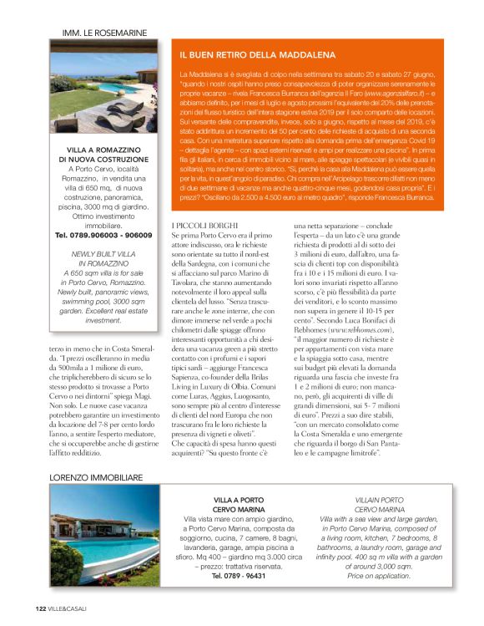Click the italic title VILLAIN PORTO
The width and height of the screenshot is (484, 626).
(x=380, y=500)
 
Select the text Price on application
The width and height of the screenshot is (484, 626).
(x=380, y=576)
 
